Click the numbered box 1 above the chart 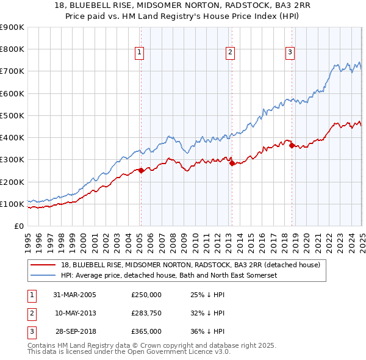point(140,53)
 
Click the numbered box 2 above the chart point(230,53)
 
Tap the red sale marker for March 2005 point(141,170)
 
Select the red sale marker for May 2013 point(232,163)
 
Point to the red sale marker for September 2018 point(292,145)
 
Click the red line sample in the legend point(43,265)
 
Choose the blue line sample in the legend point(43,275)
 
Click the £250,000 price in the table point(146,295)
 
